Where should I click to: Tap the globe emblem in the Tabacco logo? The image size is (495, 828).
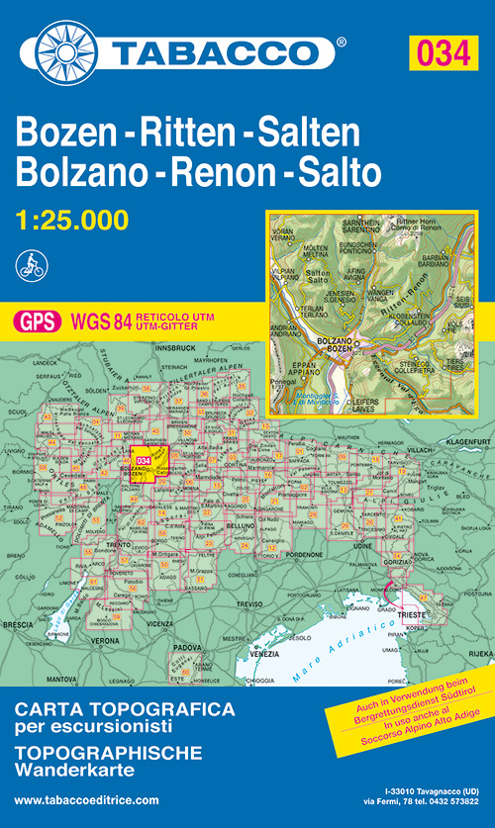64,48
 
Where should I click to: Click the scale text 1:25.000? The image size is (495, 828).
72,220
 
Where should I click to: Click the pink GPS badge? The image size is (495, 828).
35,321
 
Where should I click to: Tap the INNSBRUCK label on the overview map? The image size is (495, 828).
177,348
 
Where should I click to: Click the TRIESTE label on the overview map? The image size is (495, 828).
409,613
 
